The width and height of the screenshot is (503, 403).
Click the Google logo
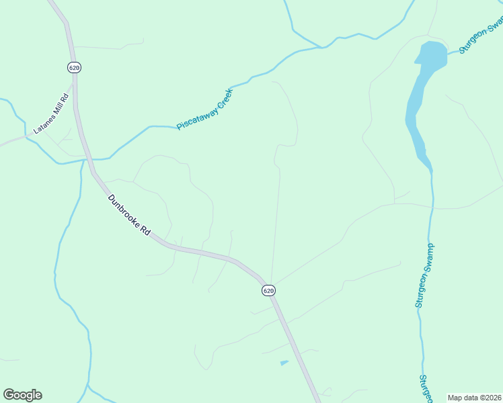pyautogui.click(x=22, y=395)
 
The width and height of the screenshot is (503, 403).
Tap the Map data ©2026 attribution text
pyautogui.click(x=474, y=397)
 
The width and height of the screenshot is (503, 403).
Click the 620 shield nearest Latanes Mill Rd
pyautogui.click(x=74, y=67)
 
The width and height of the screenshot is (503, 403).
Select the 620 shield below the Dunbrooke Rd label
pyautogui.click(x=268, y=290)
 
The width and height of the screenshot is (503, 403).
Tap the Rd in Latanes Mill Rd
pyautogui.click(x=66, y=96)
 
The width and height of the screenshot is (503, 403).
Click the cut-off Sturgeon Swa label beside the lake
pyautogui.click(x=481, y=37)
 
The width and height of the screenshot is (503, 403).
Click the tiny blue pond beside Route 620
pyautogui.click(x=284, y=363)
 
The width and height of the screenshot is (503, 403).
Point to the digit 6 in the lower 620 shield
pyautogui.click(x=265, y=290)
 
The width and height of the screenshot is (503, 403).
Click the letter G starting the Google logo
pyautogui.click(x=8, y=395)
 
